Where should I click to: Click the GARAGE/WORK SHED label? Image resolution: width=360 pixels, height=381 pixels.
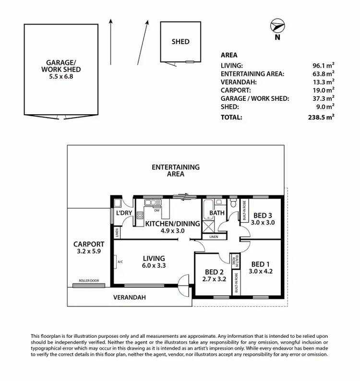(x=63, y=66)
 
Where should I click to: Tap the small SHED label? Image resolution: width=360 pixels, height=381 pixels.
(x=180, y=42)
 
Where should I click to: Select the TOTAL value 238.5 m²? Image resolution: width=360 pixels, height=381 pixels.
(x=321, y=117)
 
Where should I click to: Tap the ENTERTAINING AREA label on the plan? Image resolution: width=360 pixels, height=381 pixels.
(x=175, y=171)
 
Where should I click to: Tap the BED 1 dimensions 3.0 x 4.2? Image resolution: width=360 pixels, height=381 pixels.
(x=261, y=271)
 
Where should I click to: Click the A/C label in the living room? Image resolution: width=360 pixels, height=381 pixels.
(x=120, y=262)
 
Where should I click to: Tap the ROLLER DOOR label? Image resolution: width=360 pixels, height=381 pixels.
(x=89, y=281)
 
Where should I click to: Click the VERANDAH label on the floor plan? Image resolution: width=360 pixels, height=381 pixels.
(x=129, y=298)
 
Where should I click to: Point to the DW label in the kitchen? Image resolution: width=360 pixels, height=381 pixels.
(x=157, y=210)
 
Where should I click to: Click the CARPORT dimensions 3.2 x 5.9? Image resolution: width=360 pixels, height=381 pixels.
(x=89, y=251)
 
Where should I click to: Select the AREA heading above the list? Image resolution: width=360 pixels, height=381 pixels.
(x=229, y=55)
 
